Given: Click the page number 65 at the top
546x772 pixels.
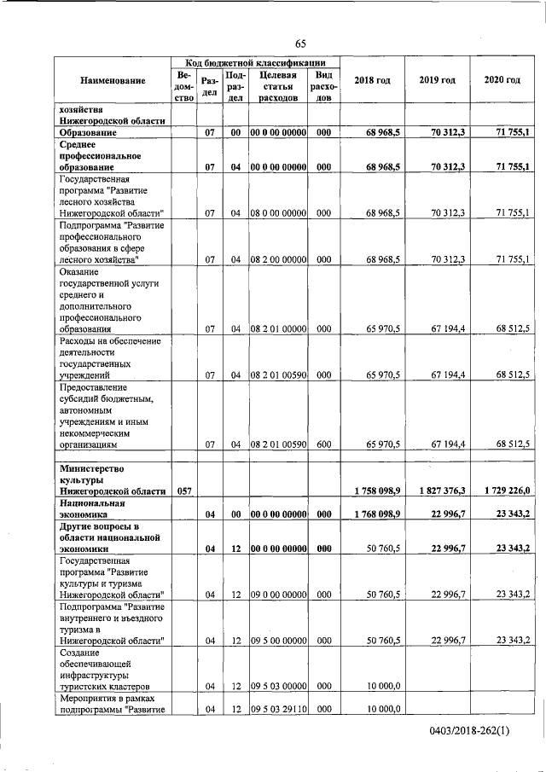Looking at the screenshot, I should pos(300,44).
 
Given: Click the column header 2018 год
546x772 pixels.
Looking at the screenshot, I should pos(372,80).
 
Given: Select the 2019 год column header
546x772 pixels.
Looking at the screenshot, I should pos(438,80).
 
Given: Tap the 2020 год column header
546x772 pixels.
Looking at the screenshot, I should pos(502,80).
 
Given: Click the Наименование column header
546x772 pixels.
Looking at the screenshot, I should pos(113,80).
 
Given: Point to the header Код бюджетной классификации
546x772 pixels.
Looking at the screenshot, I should pos(255,62).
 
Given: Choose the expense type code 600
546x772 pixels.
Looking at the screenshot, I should pos(323,444).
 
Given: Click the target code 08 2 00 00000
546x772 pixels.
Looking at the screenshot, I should pos(278,258).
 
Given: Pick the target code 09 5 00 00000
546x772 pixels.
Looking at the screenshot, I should pos(278,640).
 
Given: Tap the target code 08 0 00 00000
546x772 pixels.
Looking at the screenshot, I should pos(278,212).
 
